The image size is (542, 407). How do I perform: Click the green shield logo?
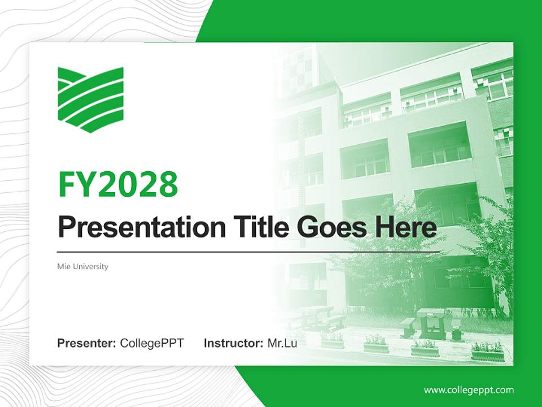(x=90, y=99)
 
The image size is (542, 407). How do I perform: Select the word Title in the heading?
(x=257, y=227)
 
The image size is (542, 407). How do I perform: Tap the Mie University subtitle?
(x=82, y=266)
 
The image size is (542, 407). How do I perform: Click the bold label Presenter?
(x=87, y=343)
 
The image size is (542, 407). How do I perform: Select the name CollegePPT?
(x=152, y=343)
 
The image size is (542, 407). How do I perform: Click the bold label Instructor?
(x=233, y=343)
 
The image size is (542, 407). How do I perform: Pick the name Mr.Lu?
(x=282, y=343)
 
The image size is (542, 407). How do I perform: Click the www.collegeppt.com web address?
(x=469, y=390)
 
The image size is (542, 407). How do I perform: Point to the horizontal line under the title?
(x=248, y=252)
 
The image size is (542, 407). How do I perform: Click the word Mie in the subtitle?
(x=64, y=266)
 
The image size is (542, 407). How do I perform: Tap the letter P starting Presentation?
(x=66, y=227)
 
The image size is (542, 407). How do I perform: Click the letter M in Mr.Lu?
(x=272, y=343)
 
